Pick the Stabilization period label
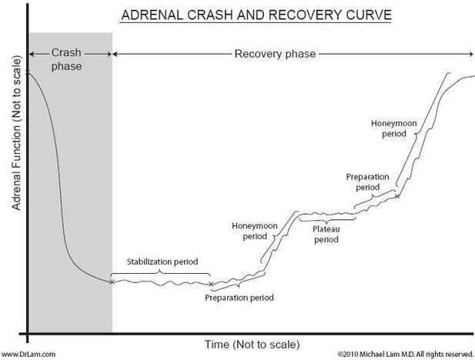pyautogui.click(x=159, y=262)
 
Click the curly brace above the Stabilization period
pyautogui.click(x=159, y=272)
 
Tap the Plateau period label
pyautogui.click(x=326, y=234)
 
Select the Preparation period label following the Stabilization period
pyautogui.click(x=239, y=297)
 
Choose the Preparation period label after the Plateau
pyautogui.click(x=368, y=182)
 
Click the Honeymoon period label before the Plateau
pyautogui.click(x=253, y=231)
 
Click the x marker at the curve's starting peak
pyautogui.click(x=28, y=72)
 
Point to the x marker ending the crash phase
pyautogui.click(x=112, y=282)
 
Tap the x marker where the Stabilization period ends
pyautogui.click(x=210, y=284)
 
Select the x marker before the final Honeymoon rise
pyautogui.click(x=397, y=195)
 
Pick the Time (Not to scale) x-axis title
pyautogui.click(x=252, y=343)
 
